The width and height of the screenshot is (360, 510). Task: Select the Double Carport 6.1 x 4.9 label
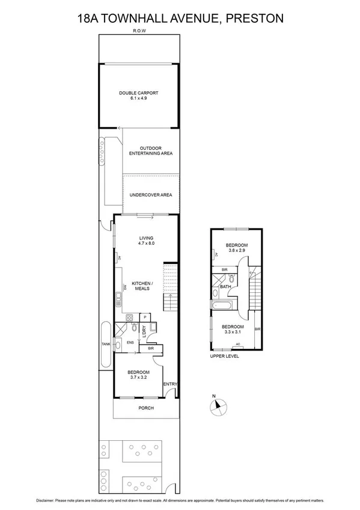click(x=138, y=95)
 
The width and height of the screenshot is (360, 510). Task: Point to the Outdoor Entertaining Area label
click(x=151, y=151)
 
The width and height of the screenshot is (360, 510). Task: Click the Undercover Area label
click(x=151, y=195)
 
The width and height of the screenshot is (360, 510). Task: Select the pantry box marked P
click(x=144, y=317)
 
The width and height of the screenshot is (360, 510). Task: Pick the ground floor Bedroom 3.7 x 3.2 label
click(x=139, y=375)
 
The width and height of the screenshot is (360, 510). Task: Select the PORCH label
click(x=146, y=408)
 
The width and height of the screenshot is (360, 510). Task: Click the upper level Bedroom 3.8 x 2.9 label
click(x=236, y=248)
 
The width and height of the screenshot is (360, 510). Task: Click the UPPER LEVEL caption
click(x=225, y=357)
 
